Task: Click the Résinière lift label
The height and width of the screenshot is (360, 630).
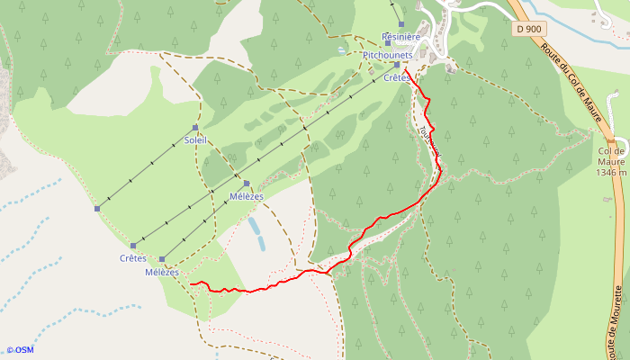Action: pos(401,37)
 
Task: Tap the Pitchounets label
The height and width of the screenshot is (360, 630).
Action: pos(388,55)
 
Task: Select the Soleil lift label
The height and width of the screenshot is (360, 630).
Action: pos(195,139)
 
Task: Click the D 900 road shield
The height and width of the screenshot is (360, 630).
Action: pos(530,30)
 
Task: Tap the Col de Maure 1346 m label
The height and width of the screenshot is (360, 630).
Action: pos(611,161)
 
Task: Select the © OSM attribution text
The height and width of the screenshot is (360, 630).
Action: pos(20,350)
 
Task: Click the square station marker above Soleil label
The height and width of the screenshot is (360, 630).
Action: pos(194,128)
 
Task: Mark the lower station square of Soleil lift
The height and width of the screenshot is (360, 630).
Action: pos(97,209)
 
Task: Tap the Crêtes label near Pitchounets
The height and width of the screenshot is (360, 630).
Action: pos(397,78)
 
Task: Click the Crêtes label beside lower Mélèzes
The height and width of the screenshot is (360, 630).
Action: pos(133,258)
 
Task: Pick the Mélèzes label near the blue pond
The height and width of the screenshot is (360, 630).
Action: pos(247,196)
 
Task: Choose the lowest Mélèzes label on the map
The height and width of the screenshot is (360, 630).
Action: pos(162,272)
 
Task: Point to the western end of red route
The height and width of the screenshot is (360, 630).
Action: pos(192,284)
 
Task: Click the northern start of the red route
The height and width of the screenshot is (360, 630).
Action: pos(404,68)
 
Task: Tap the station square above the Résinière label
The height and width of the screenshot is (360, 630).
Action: pos(401,24)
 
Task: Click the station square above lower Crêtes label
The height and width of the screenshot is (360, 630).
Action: pos(133,246)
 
